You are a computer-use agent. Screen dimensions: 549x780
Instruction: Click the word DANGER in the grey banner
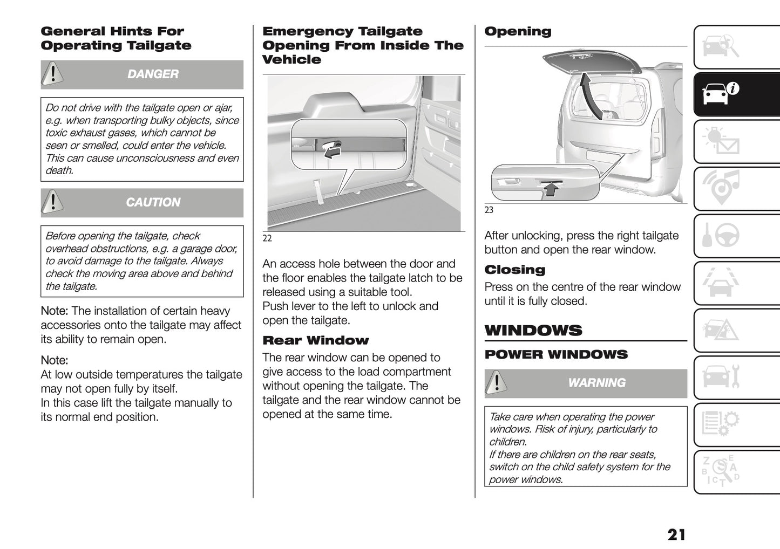click(153, 74)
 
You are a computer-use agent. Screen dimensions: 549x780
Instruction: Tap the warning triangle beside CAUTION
click(52, 202)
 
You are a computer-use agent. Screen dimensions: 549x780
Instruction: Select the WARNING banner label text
click(596, 383)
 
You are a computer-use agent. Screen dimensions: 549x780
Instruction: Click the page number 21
click(676, 534)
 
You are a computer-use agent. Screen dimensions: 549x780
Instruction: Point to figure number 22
click(267, 238)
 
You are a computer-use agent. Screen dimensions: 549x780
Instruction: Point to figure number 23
click(489, 210)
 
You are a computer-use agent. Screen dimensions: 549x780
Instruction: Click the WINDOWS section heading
click(533, 331)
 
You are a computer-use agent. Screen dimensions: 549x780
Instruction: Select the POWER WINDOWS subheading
click(556, 355)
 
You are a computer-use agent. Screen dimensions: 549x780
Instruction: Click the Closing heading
click(514, 270)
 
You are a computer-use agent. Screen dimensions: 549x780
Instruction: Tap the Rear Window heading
click(315, 340)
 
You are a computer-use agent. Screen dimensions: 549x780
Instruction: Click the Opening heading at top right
click(518, 31)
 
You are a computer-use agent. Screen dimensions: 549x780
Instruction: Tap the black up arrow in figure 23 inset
click(550, 188)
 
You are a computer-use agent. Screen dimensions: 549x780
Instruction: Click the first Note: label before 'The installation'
click(55, 311)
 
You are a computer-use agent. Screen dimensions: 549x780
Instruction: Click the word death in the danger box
click(59, 170)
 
